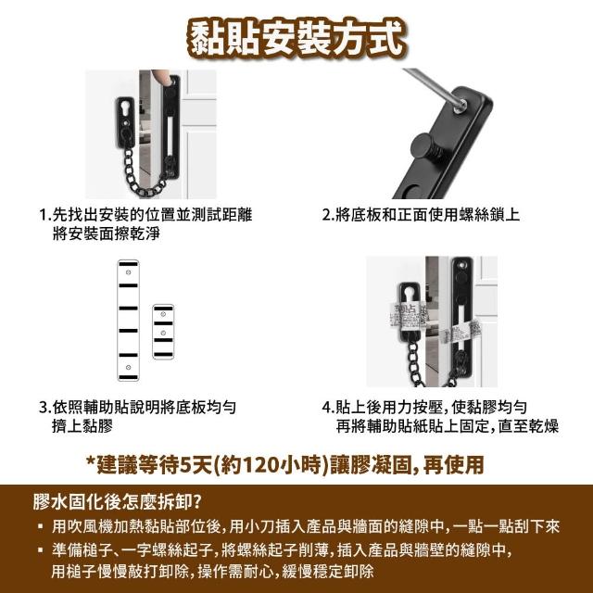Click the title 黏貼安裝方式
[x=296, y=39]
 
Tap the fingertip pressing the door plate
[x=161, y=77]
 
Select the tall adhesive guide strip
[x=128, y=320]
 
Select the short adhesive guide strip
[x=163, y=332]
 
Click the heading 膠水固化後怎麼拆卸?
[x=117, y=502]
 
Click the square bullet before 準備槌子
[x=41, y=550]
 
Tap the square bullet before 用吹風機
[x=41, y=526]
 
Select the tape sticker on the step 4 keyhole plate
[x=408, y=316]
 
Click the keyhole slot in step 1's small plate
[x=125, y=110]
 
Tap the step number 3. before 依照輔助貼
[x=45, y=408]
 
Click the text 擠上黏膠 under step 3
[x=82, y=426]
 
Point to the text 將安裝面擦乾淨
[x=107, y=233]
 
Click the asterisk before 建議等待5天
[x=91, y=461]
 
